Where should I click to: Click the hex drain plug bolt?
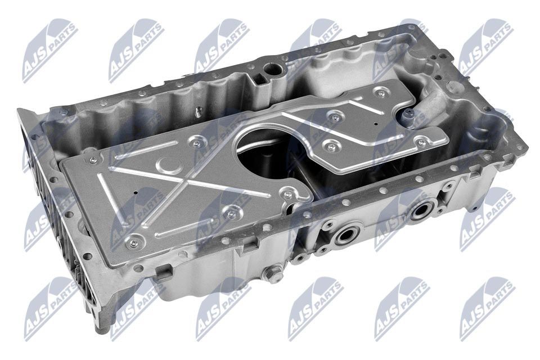click(x=274, y=276)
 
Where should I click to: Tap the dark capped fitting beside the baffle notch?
click(x=408, y=115)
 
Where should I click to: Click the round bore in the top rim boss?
click(x=274, y=71)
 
